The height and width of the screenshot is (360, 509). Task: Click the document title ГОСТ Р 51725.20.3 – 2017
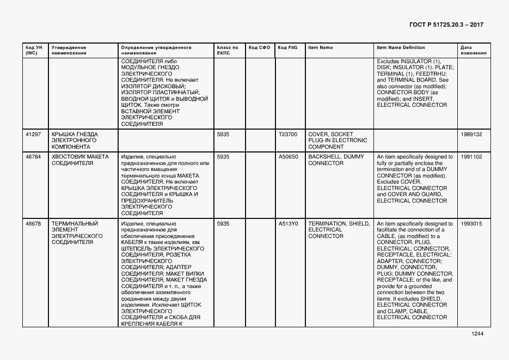445,25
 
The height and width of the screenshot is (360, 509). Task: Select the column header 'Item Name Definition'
397,47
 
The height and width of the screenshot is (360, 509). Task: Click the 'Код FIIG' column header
287,47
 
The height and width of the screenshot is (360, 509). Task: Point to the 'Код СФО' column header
259,47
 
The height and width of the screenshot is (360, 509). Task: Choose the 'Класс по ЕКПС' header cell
227,50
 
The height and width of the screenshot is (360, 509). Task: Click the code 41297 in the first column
33,134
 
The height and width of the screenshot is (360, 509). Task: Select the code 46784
33,157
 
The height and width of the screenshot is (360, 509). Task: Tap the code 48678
33,224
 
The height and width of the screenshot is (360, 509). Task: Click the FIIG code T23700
288,134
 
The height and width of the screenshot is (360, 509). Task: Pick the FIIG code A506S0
288,157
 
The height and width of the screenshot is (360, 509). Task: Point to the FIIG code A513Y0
288,224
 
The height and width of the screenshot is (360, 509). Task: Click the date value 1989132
471,134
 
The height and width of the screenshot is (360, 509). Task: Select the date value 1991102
471,157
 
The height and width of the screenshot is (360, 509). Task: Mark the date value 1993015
471,224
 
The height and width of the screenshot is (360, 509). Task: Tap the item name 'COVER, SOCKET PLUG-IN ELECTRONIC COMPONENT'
338,140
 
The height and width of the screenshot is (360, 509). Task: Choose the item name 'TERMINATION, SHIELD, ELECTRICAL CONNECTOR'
339,230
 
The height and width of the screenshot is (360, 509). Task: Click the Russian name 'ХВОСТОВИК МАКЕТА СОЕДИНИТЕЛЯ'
80,160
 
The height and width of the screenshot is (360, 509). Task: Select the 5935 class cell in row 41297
223,134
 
